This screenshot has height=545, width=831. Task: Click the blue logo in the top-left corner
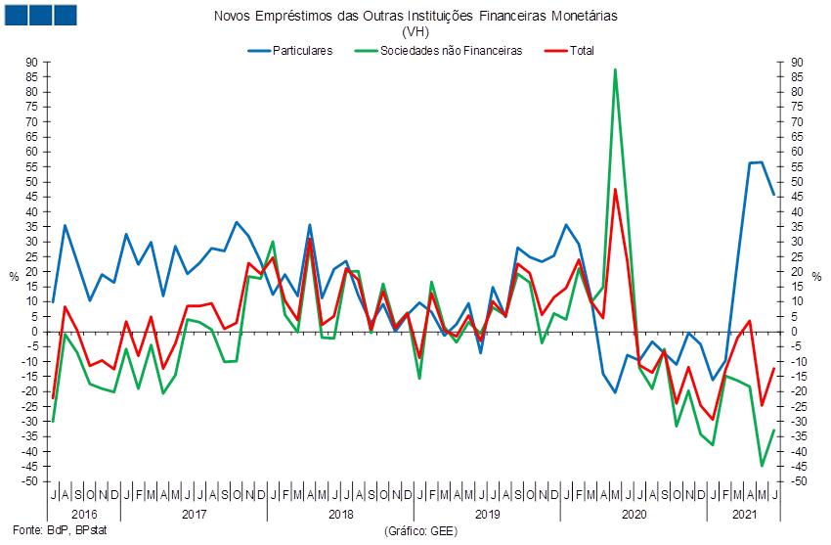click(40, 15)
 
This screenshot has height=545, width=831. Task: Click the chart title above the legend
click(415, 17)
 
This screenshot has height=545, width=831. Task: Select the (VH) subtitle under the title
click(415, 32)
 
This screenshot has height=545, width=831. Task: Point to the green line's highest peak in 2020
click(615, 69)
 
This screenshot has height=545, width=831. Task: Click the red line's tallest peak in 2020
click(615, 189)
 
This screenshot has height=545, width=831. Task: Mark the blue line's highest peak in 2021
click(762, 161)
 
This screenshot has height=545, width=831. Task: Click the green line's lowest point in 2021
click(762, 466)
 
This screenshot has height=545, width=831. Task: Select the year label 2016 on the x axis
click(84, 514)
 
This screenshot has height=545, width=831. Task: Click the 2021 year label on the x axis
click(745, 514)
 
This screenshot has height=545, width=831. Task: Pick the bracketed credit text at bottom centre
click(415, 531)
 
